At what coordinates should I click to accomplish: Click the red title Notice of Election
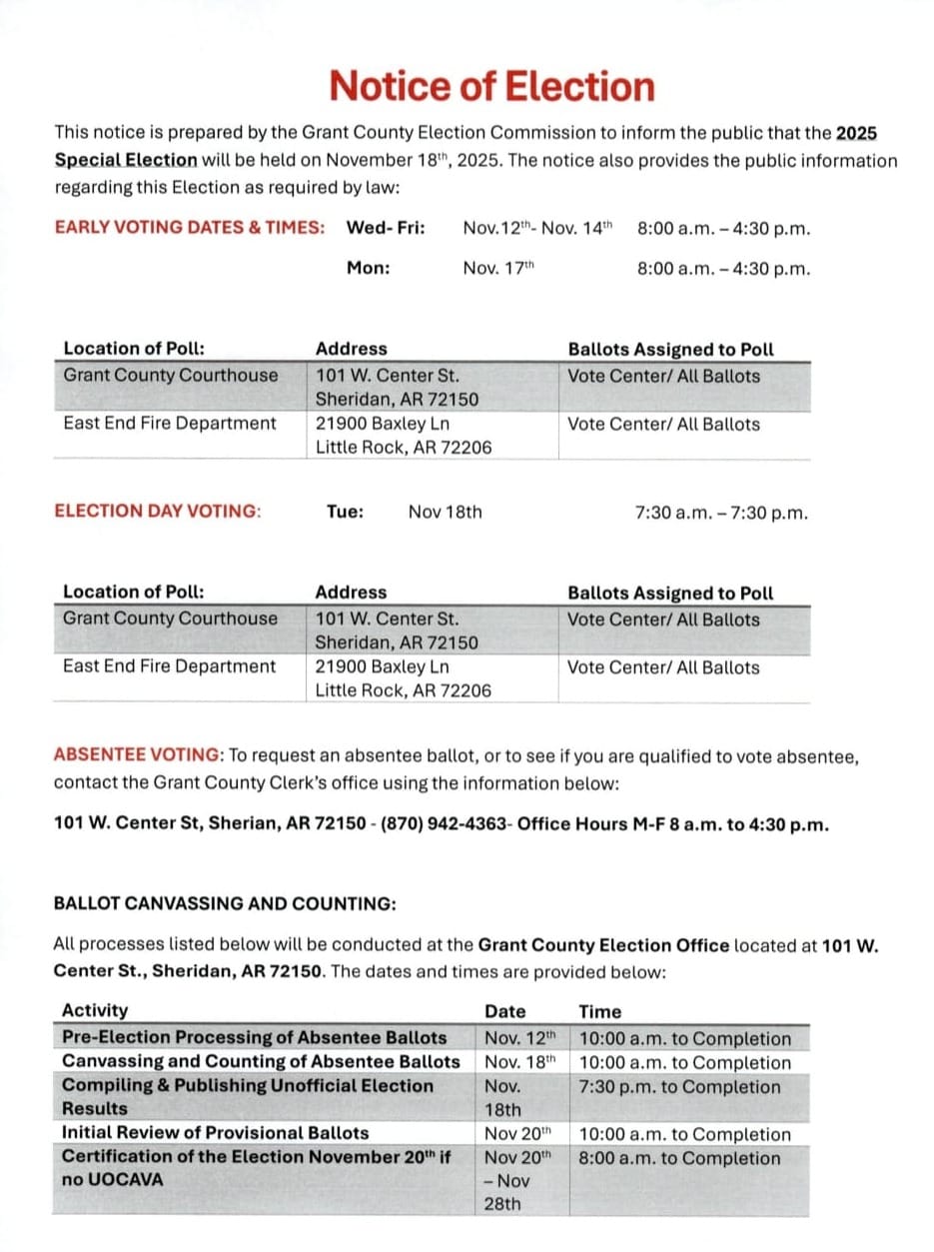tap(491, 87)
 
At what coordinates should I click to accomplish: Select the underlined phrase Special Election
tap(126, 160)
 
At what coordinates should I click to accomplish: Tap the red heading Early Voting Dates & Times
tap(189, 228)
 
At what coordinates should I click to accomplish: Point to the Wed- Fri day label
tap(386, 228)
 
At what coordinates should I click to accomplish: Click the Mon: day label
tap(368, 268)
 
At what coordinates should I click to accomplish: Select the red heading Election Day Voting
tap(158, 512)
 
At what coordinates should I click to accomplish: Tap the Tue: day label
tap(345, 512)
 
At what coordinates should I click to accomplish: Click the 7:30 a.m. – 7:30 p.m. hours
tap(721, 513)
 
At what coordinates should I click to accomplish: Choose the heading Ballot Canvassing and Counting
tap(225, 903)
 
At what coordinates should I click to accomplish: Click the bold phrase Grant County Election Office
tap(603, 945)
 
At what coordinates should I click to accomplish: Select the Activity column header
tap(95, 1011)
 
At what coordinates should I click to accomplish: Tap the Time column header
tap(599, 1011)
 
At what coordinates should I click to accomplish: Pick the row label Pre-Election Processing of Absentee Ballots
tap(254, 1038)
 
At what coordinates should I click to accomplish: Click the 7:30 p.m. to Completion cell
tap(679, 1086)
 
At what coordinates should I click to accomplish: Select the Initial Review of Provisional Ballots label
tap(215, 1133)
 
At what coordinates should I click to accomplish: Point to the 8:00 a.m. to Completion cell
tap(679, 1158)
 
